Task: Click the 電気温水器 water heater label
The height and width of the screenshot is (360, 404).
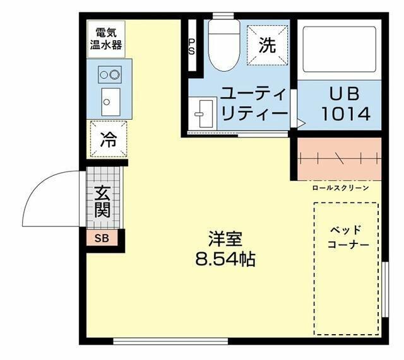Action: tap(106, 39)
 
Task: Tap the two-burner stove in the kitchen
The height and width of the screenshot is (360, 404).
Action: tap(110, 74)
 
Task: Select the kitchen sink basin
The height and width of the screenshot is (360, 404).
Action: tap(111, 102)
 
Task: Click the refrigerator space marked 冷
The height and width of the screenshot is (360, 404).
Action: tap(109, 139)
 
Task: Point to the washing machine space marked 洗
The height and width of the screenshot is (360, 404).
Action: tap(268, 45)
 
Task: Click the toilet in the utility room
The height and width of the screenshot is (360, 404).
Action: tap(224, 45)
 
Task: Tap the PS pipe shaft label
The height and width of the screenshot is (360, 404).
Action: tap(192, 47)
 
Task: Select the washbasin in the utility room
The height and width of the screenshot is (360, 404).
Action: tap(203, 113)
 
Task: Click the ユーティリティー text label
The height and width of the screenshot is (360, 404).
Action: tap(254, 104)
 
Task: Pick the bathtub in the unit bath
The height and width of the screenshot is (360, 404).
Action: tap(340, 49)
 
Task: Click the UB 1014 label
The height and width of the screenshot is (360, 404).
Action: tap(346, 104)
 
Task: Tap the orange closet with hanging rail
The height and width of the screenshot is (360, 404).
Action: tap(340, 159)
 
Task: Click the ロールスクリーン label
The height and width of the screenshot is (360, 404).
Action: tap(341, 188)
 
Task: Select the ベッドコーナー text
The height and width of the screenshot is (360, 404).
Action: tap(348, 237)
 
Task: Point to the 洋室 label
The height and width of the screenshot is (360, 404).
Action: tap(225, 239)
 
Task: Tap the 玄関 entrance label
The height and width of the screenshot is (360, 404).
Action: tap(102, 202)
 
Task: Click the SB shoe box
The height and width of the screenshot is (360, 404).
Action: tap(102, 238)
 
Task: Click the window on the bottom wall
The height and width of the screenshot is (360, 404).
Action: tap(170, 341)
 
